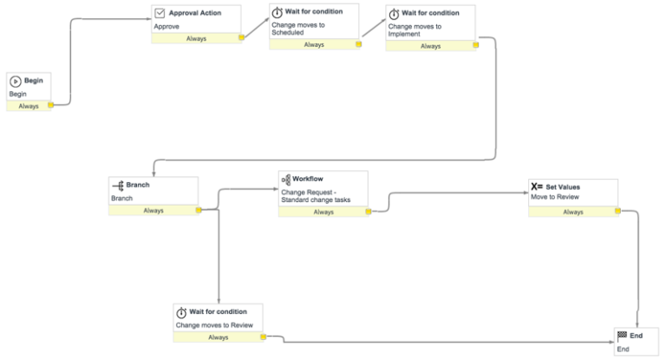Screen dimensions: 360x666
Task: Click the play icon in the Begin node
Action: [16, 81]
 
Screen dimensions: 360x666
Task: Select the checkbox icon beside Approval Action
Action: [160, 13]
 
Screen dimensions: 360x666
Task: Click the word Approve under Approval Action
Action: [166, 27]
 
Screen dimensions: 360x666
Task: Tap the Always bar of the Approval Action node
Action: [196, 38]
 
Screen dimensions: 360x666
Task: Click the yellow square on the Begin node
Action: [50, 106]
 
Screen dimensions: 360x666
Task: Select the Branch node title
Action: [138, 185]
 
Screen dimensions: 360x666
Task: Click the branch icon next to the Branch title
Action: [118, 185]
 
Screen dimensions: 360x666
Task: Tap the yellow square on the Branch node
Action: [199, 210]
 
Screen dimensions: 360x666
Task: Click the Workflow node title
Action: [307, 179]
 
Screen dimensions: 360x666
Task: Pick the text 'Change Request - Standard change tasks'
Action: [315, 196]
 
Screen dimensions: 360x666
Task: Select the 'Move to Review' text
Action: [555, 198]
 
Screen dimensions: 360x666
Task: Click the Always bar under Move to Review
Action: [572, 212]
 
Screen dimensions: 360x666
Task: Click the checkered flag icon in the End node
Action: [622, 336]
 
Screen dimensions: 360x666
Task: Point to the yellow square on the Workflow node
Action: [368, 212]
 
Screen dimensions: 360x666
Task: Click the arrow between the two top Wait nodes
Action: [373, 27]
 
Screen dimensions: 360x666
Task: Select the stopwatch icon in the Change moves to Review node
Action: [181, 312]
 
